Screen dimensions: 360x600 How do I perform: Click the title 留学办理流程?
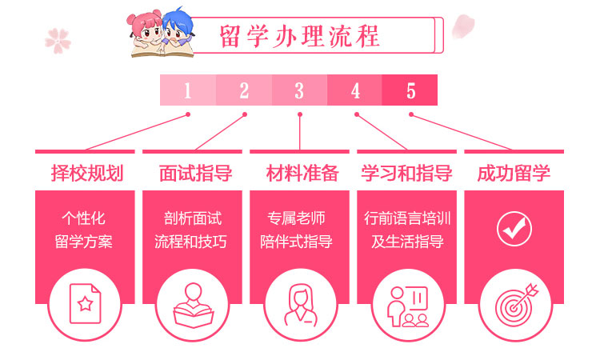300,36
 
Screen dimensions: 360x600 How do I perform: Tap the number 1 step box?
188,90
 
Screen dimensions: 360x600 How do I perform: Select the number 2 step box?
244,90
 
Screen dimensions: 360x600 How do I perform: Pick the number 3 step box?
299,90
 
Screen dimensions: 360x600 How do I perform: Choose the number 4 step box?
355,90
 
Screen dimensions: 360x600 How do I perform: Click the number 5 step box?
410,90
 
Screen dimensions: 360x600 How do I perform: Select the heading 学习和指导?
406,172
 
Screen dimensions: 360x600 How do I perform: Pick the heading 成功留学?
514,172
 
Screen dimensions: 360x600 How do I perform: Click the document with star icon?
86,303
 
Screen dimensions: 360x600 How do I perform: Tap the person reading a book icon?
192,303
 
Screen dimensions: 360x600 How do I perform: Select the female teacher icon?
300,303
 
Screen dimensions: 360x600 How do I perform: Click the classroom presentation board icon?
407,303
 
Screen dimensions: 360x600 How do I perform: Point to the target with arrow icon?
514,303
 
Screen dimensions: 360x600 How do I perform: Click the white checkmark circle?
514,229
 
